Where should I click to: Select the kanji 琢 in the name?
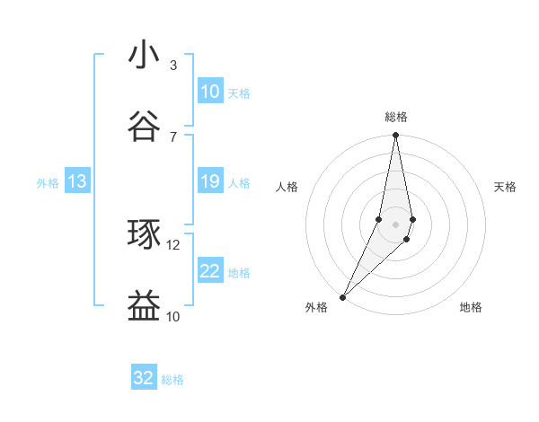(144, 233)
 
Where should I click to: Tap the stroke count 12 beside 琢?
(173, 244)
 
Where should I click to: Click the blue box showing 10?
(210, 92)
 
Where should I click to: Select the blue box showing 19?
(210, 181)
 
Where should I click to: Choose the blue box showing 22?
(210, 271)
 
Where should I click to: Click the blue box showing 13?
(77, 182)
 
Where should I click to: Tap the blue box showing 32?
(144, 378)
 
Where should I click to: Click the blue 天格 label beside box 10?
(239, 93)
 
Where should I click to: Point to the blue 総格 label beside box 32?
(172, 380)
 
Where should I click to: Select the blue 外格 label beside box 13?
(48, 183)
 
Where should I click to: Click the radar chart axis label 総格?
(396, 117)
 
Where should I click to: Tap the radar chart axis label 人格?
(287, 187)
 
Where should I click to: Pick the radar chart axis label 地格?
(471, 308)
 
